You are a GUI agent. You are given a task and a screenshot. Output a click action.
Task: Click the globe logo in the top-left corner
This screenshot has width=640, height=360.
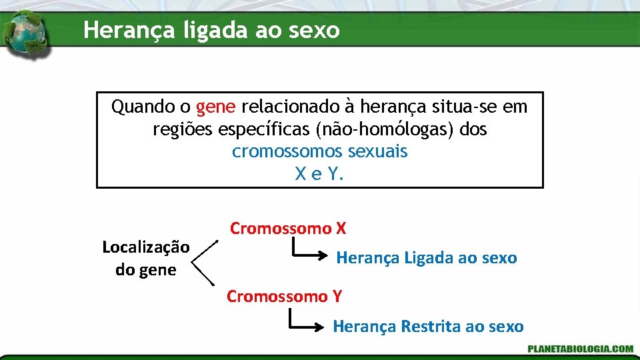[x=25, y=35]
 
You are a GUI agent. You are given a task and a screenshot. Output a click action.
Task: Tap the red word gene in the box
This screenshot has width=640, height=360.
[x=212, y=107]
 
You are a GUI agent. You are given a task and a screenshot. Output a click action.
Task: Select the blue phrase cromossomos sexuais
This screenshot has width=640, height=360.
[x=319, y=151]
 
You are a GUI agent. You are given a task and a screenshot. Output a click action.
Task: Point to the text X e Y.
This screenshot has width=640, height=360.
[x=319, y=174]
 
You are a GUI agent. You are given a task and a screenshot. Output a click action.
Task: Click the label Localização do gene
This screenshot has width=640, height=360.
[x=146, y=258]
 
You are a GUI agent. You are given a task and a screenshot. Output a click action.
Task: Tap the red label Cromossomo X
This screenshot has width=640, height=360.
[x=288, y=229]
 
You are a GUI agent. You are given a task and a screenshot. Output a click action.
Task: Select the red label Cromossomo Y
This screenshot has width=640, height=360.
[x=284, y=296]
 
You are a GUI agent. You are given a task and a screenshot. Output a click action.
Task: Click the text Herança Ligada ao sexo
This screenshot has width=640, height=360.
[x=427, y=258]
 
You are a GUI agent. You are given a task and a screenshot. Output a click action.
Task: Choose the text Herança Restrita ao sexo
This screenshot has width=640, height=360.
[x=428, y=327]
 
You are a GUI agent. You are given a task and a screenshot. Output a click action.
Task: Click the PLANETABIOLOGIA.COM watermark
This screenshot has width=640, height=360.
[x=579, y=349]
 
